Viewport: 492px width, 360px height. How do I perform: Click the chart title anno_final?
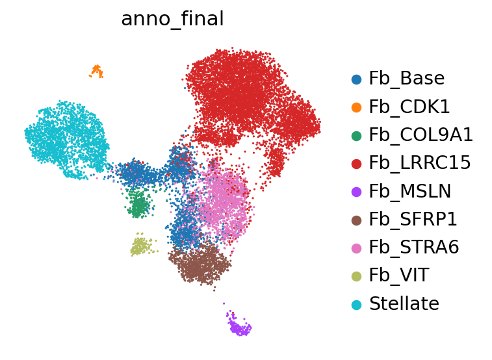(x=172, y=19)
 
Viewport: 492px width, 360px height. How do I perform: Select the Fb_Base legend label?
(x=407, y=79)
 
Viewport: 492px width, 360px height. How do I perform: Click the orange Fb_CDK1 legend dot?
(x=356, y=107)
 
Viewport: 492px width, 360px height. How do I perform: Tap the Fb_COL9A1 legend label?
(x=421, y=135)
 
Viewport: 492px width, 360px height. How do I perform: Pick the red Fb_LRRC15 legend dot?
(x=356, y=164)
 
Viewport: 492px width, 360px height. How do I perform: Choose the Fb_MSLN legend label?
(x=410, y=191)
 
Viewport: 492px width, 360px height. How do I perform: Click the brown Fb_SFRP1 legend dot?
(x=356, y=220)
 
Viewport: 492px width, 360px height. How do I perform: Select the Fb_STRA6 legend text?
(x=414, y=247)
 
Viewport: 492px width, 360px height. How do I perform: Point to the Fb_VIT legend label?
(x=399, y=276)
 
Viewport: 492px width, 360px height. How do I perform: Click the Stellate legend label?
(x=404, y=303)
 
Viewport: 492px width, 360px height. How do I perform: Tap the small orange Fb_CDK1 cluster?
(x=97, y=71)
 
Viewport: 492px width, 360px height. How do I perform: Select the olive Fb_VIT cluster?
(x=141, y=246)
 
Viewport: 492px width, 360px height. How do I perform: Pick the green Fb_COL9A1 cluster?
(x=138, y=203)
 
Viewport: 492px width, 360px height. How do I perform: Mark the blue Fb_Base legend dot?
(x=356, y=79)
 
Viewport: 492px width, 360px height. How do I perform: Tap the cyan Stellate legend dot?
(x=356, y=304)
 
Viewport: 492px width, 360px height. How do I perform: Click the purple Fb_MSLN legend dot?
(x=356, y=192)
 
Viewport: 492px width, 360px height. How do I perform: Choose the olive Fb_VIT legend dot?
(x=356, y=276)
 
